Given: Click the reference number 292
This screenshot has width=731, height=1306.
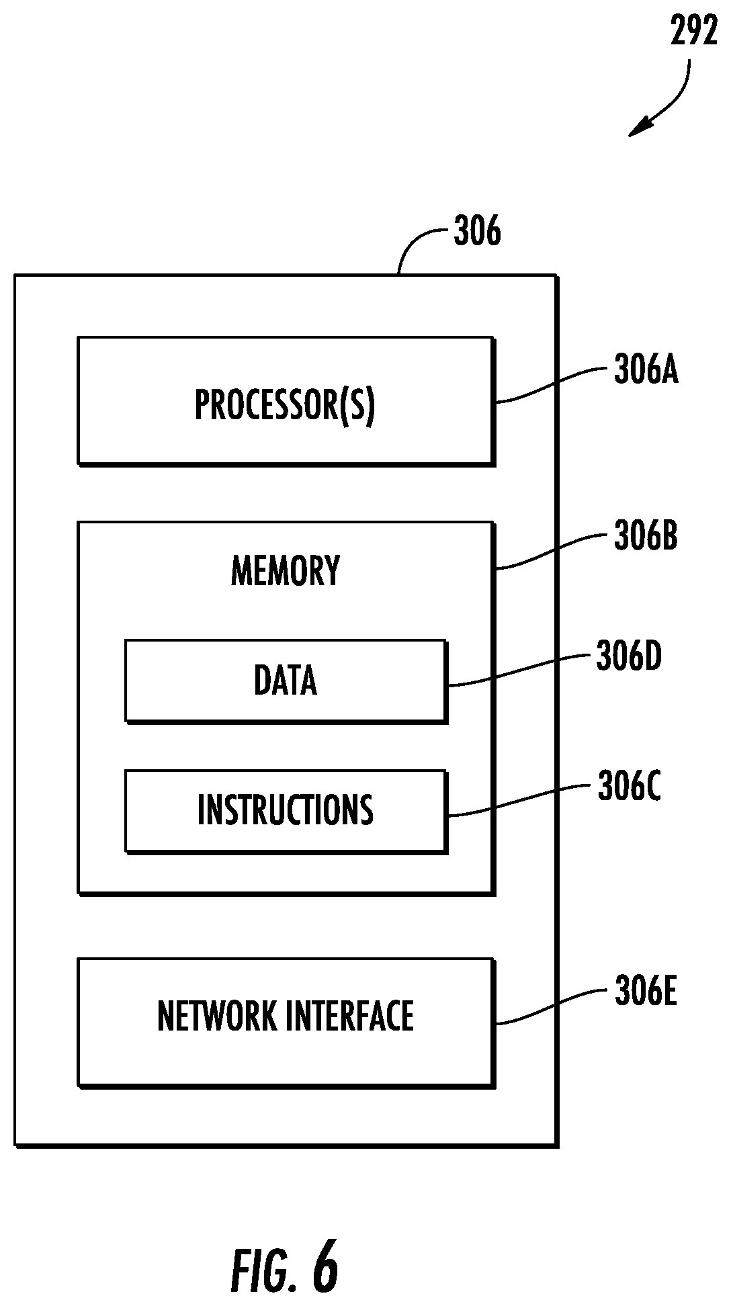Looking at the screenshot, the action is [x=694, y=32].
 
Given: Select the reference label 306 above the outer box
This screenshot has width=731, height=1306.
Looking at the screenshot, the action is [x=477, y=232].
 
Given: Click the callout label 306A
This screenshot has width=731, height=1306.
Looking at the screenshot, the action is [x=646, y=370].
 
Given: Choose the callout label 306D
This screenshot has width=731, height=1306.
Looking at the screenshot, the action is [x=629, y=656].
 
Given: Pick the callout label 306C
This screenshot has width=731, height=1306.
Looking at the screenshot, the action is [x=629, y=787].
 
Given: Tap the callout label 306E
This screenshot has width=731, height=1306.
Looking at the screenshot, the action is [x=645, y=992].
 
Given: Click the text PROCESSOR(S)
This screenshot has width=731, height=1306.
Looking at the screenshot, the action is [x=285, y=405].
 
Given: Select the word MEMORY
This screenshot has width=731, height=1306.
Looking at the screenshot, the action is [x=286, y=571].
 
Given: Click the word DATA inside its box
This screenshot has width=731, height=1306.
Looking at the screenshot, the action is [x=286, y=680].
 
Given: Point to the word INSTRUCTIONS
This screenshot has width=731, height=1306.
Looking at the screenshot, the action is [x=286, y=810].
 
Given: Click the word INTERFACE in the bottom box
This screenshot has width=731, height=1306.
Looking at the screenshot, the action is [x=350, y=1016].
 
